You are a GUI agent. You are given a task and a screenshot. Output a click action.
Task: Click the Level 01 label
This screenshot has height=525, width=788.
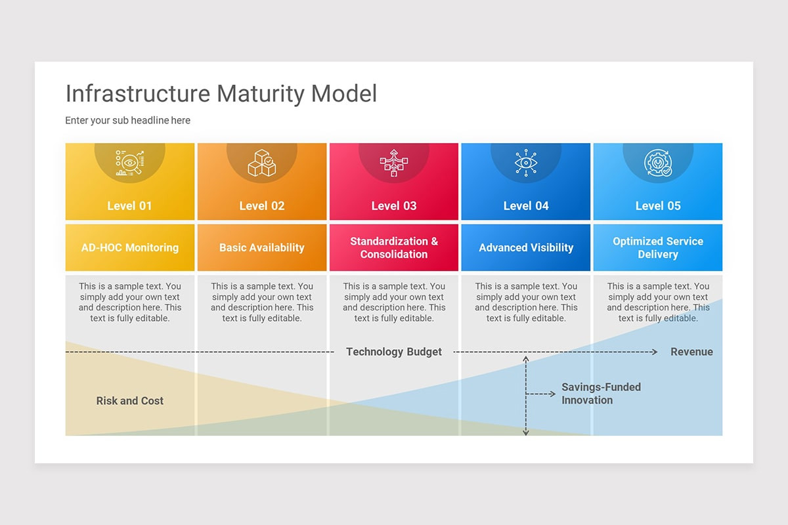(129, 206)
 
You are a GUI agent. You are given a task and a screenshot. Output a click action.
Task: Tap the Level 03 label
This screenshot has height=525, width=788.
(393, 206)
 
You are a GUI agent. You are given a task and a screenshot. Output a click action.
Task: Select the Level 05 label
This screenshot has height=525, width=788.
(657, 206)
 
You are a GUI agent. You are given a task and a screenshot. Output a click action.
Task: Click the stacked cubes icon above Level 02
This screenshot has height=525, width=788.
(261, 163)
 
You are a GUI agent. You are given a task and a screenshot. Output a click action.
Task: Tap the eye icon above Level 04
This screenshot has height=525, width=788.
(525, 163)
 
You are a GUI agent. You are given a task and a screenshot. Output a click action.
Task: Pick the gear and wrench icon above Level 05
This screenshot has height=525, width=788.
(657, 163)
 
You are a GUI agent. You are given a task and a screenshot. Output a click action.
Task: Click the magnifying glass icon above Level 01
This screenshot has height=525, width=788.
(129, 163)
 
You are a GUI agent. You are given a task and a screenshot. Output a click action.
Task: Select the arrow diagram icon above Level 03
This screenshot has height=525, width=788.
(393, 163)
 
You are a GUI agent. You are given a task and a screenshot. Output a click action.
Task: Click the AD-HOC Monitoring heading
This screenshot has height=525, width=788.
(129, 248)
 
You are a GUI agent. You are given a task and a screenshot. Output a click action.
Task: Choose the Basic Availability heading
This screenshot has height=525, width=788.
(261, 248)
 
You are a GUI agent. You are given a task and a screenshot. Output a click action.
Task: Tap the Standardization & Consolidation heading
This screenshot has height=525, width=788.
(393, 248)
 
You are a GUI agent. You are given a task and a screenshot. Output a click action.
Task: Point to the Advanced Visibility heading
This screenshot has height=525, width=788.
(525, 248)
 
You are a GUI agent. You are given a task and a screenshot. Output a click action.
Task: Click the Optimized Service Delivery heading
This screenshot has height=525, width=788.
(657, 248)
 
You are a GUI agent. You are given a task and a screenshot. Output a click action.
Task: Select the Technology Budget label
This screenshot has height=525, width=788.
(393, 352)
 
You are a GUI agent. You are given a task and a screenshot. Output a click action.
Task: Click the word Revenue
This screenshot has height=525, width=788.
(691, 352)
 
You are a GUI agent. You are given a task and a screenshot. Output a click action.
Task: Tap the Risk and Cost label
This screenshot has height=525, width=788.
(129, 401)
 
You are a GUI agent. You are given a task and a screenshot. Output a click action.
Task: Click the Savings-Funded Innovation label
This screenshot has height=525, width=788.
(600, 394)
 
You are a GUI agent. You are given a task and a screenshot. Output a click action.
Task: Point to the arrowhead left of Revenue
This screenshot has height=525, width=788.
(653, 352)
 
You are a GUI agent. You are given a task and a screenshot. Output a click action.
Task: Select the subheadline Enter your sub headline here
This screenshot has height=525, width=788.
(127, 121)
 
